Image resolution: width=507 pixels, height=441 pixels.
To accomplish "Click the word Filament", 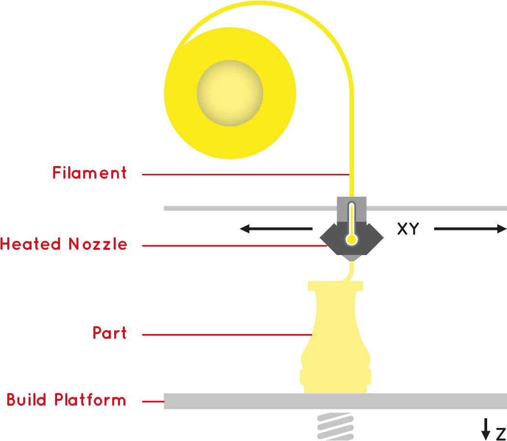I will pos(89,173).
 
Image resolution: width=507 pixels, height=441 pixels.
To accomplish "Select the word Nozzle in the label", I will pos(98,243).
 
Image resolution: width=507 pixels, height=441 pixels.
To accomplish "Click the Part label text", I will pos(110,333).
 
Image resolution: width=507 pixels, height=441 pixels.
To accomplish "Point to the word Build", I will pos(27,400).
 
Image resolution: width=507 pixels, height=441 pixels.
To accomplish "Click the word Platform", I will pos(90,400).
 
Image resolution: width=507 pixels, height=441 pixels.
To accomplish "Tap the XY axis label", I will pos(408,229).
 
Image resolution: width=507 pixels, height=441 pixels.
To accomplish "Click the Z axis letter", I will pos(500,433).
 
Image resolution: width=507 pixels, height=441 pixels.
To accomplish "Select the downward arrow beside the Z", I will pos(486,427).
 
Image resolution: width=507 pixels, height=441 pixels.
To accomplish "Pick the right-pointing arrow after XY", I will pos(469,229).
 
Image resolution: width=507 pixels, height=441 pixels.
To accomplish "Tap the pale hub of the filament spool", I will pos(230,93).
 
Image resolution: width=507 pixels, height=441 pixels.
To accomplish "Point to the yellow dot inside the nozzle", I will pos(352,239).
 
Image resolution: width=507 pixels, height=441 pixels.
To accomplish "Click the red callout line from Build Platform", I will pos(153,401).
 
